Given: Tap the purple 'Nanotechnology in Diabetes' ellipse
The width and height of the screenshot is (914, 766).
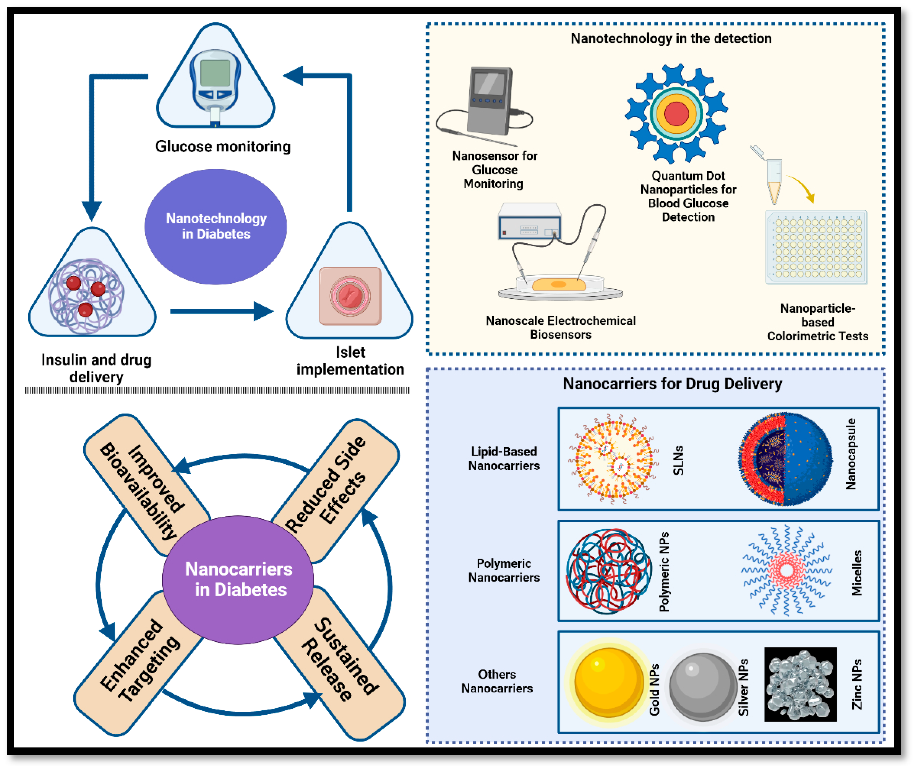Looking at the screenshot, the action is [215, 227].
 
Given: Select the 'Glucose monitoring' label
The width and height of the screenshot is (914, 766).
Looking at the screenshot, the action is [223, 147].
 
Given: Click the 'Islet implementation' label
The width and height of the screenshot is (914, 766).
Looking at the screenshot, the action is [350, 361].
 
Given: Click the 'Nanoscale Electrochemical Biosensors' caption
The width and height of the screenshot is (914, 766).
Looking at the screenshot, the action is [561, 328].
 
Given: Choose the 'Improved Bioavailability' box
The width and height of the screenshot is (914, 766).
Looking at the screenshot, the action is [147, 485].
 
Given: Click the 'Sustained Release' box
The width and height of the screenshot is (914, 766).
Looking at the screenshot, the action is [339, 663].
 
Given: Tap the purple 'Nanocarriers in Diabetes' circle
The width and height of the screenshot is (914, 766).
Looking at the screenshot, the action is [238, 579].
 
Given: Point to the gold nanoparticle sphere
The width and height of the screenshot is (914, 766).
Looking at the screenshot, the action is [609, 682].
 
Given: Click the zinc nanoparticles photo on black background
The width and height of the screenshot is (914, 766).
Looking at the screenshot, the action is [800, 684].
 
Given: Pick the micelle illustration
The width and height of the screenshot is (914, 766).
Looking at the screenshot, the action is [786, 570].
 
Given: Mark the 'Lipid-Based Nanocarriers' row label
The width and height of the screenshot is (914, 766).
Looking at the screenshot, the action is [504, 459].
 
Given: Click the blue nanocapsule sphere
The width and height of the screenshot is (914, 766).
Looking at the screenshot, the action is [786, 459].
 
